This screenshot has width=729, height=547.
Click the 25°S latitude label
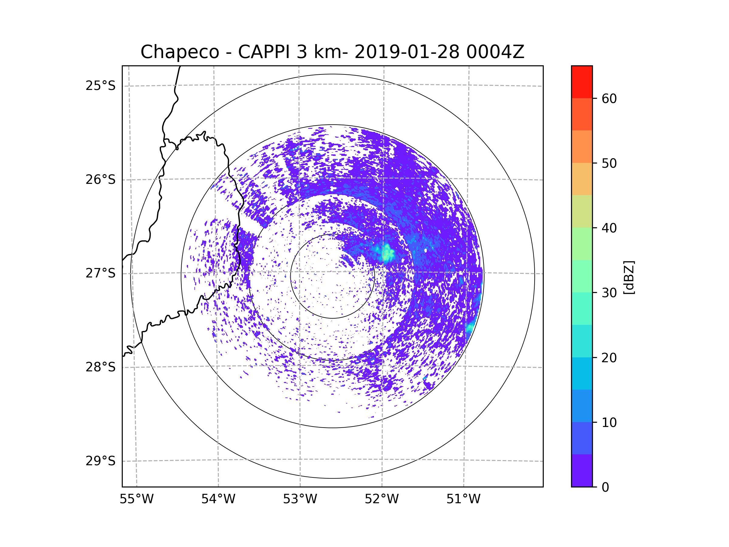(x=101, y=86)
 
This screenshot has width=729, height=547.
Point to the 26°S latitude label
(x=101, y=180)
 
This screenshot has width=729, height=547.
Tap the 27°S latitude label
(x=101, y=273)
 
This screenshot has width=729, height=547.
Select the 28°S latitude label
(x=101, y=367)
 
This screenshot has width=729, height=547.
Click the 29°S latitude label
(x=101, y=461)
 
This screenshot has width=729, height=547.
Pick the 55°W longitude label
(x=136, y=499)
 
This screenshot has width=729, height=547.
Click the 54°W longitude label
(x=218, y=499)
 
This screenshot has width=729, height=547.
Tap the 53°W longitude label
(x=300, y=499)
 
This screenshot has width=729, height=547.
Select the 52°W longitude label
(x=382, y=499)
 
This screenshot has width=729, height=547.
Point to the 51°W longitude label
(x=463, y=499)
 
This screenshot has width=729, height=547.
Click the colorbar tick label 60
(x=609, y=98)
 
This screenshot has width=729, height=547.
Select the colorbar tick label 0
(x=605, y=487)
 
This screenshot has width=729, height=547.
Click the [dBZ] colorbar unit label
(x=629, y=277)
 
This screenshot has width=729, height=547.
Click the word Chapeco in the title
(x=180, y=52)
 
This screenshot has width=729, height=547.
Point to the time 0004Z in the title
(x=495, y=52)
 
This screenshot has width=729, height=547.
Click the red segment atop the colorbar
(x=582, y=82)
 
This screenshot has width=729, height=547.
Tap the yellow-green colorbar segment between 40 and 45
(x=582, y=211)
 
